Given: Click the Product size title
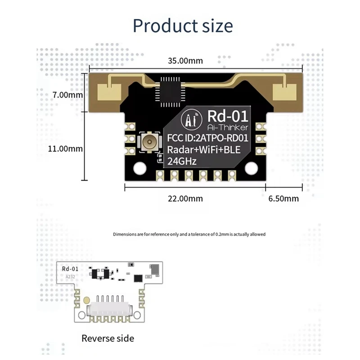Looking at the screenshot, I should (183, 25).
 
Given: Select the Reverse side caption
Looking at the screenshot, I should (108, 338).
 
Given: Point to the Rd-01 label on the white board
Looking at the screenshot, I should (70, 269).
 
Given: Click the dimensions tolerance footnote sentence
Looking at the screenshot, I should (189, 234).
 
